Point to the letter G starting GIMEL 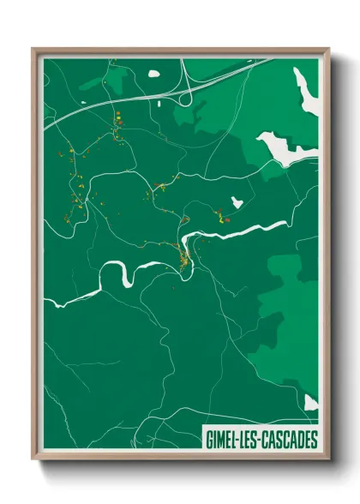tap(209, 441)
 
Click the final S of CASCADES tap(313, 441)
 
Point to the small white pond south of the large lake tap(237, 202)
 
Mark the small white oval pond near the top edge tap(154, 74)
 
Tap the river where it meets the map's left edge tap(50, 303)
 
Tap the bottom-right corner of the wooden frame tap(328, 460)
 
